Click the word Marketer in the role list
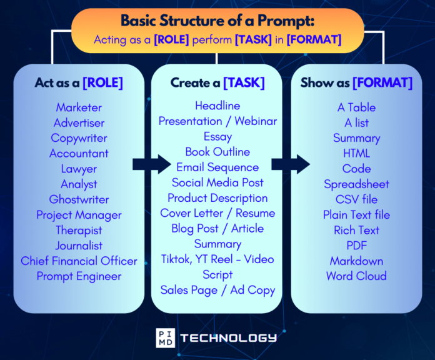[79, 107]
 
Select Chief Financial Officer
[79, 261]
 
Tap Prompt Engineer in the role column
[79, 276]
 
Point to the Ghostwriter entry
[79, 199]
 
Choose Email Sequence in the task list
[217, 167]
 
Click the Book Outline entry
[217, 152]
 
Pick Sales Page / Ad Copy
[217, 290]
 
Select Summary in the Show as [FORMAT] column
[356, 138]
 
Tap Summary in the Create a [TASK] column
[217, 244]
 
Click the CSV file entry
[356, 199]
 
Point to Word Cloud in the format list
[356, 276]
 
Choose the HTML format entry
[356, 153]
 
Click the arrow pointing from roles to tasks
[152, 164]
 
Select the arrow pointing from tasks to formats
[291, 164]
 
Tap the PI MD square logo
[166, 337]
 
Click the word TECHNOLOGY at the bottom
[228, 337]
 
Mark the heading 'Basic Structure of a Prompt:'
[217, 21]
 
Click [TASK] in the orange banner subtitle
[253, 39]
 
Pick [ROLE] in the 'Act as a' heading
[102, 82]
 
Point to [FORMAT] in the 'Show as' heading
[382, 82]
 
